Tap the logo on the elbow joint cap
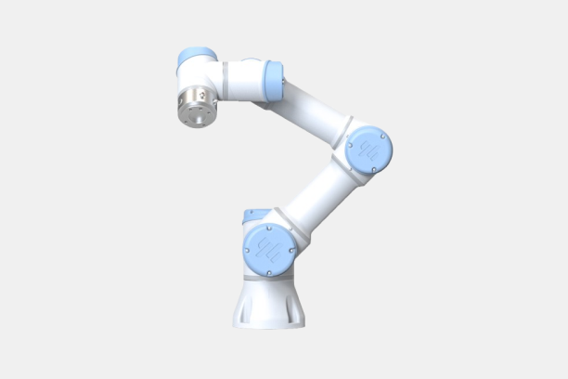(x=368, y=149)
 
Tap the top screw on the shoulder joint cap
(x=269, y=226)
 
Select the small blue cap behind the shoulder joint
(x=248, y=217)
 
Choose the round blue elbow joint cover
(x=368, y=149)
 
